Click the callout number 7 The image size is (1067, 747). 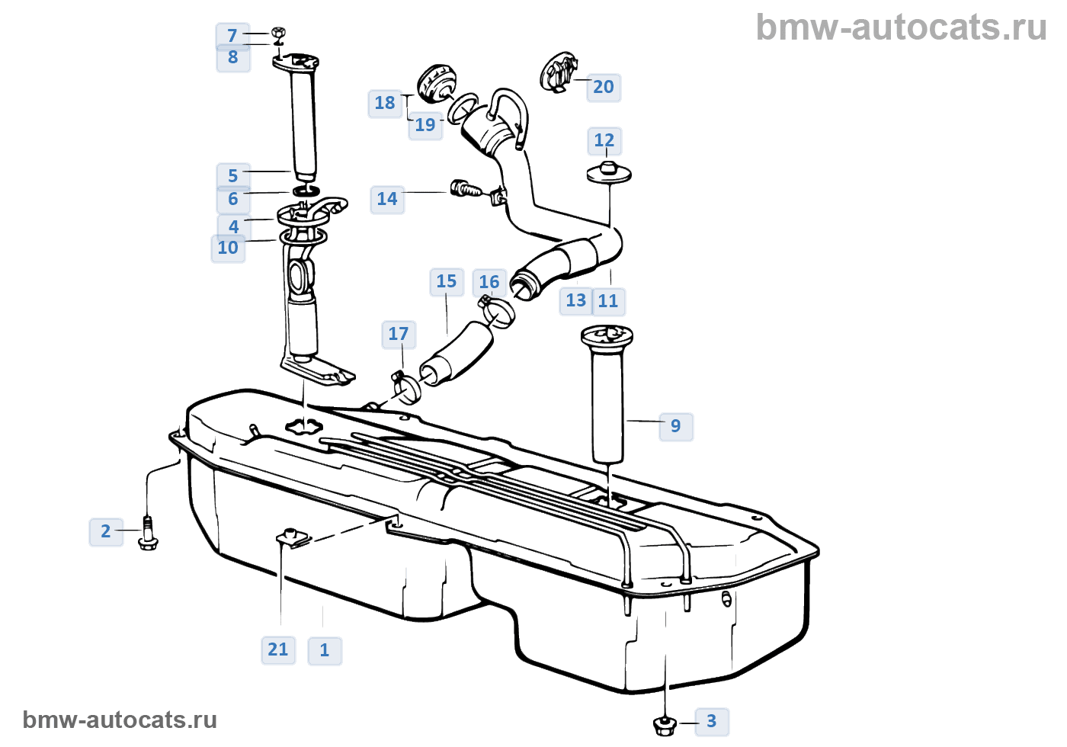[232, 36]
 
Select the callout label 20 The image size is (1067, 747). [603, 87]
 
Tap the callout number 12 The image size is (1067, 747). [604, 140]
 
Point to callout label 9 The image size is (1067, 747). [675, 426]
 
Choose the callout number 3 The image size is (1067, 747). [711, 721]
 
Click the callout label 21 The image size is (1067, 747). [277, 649]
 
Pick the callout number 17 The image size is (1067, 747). [398, 334]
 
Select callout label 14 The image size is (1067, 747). [387, 200]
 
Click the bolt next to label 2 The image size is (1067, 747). [148, 533]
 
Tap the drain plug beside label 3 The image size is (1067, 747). [665, 725]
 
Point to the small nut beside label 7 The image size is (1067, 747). [278, 33]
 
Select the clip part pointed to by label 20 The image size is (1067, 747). [557, 72]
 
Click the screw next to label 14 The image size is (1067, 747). [465, 188]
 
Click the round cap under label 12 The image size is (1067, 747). [608, 172]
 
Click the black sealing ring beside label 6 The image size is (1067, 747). [306, 190]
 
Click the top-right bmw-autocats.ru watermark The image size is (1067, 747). [901, 27]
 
